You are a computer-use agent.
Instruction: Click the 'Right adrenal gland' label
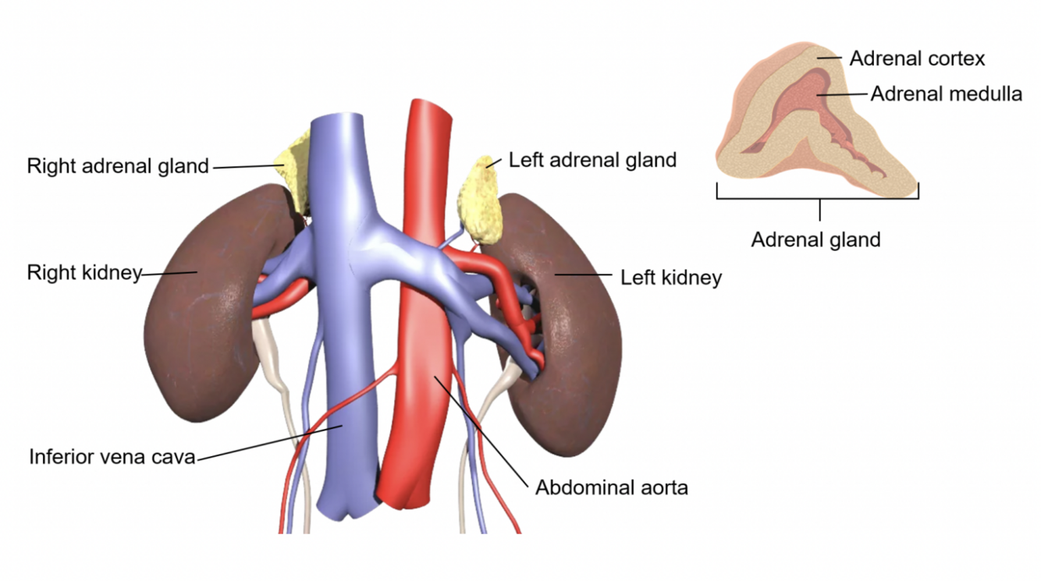click(118, 166)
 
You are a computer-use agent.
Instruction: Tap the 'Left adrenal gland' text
click(592, 161)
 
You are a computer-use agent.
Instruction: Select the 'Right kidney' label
click(83, 273)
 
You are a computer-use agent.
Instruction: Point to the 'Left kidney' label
click(670, 277)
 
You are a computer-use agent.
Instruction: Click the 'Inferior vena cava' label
click(112, 456)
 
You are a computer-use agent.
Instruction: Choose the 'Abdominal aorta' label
click(611, 488)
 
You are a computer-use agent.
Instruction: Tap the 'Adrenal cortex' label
click(917, 58)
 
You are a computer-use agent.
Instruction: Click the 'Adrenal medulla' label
click(946, 94)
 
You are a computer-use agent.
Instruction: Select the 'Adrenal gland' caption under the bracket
click(815, 239)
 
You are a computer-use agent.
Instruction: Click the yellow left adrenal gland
click(478, 198)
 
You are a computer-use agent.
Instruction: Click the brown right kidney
click(203, 312)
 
